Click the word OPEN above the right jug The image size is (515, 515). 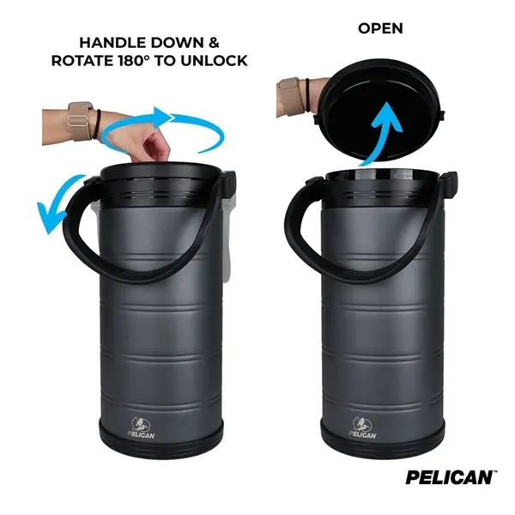coord(380,28)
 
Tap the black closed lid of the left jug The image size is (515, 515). coord(163,176)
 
